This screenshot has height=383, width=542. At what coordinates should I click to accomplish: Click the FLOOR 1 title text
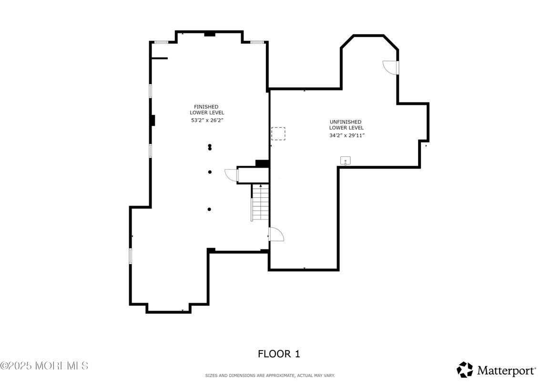click(x=279, y=354)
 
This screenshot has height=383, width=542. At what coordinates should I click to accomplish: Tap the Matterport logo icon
click(x=465, y=370)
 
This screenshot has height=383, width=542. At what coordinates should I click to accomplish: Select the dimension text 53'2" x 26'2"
click(x=207, y=121)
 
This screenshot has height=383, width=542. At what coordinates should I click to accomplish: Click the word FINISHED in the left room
click(x=206, y=107)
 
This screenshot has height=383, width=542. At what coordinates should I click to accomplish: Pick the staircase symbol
click(x=260, y=202)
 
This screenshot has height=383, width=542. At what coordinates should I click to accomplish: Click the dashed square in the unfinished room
click(x=278, y=133)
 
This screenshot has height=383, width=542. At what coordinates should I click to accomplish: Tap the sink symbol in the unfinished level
click(x=345, y=161)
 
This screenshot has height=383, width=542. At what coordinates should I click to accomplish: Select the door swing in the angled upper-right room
click(x=391, y=68)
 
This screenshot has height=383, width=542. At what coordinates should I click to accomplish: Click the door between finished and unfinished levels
click(x=276, y=234)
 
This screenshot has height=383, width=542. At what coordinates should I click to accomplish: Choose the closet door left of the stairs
click(x=231, y=175)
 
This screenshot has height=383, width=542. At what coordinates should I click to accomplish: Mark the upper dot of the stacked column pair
click(x=210, y=146)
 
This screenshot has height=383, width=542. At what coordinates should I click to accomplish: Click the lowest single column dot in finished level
click(x=210, y=209)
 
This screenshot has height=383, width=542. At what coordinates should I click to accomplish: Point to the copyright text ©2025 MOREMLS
click(x=44, y=366)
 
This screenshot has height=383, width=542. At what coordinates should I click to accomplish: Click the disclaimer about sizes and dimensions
click(x=270, y=376)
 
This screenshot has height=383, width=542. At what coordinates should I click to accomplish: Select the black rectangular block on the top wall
click(x=210, y=34)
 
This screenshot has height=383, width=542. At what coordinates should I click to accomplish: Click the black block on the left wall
click(x=153, y=121)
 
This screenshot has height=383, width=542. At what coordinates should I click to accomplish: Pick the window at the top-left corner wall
click(x=161, y=42)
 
